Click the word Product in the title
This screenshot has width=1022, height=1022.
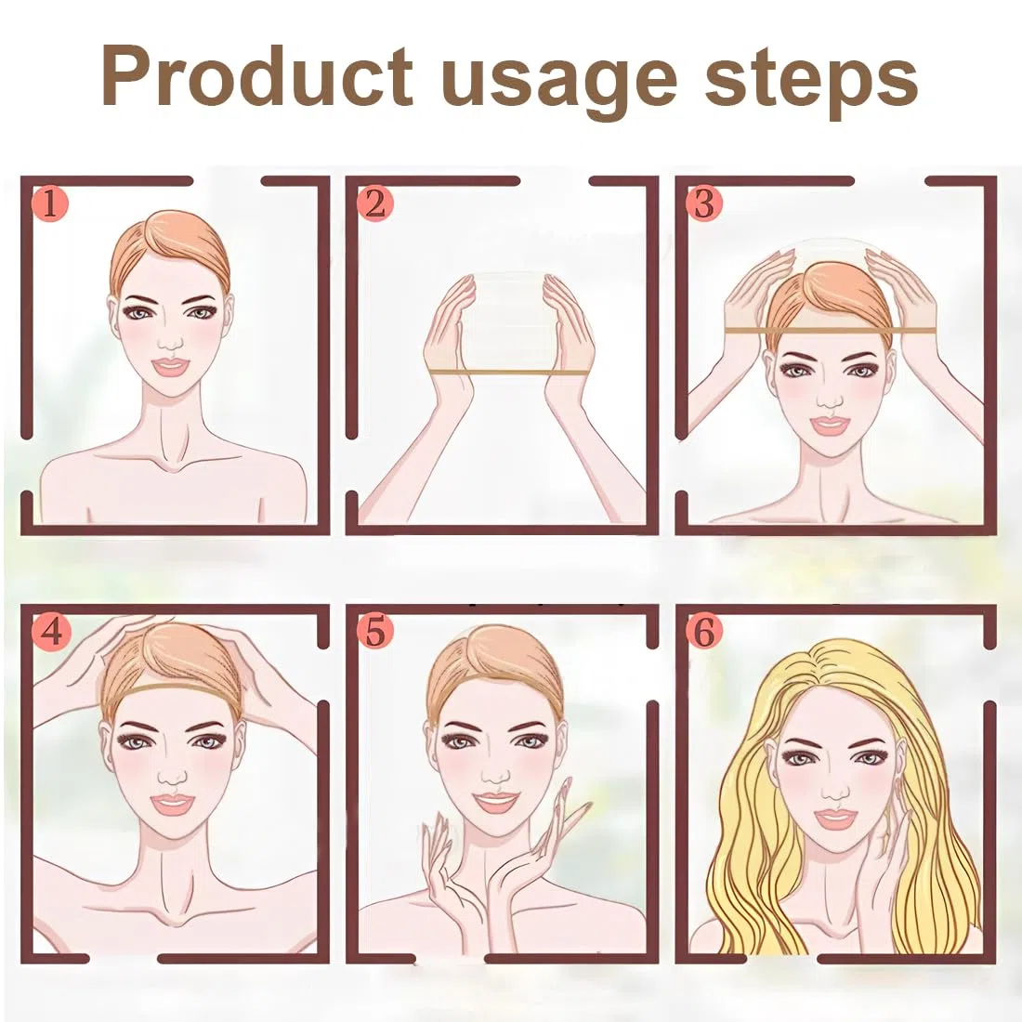point(257,76)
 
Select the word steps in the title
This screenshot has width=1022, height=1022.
point(811,83)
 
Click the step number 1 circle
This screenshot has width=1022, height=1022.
point(50,204)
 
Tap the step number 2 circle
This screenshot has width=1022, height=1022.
point(375,204)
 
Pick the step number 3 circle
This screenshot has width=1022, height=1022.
point(704,204)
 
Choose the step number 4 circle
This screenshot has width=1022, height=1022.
point(50,631)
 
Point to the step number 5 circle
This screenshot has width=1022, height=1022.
point(375,631)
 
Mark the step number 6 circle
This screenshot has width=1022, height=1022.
point(704,631)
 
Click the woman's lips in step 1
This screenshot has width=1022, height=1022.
point(169,366)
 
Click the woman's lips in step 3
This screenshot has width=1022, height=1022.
point(829,426)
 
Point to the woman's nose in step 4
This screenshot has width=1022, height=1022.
point(173,776)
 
